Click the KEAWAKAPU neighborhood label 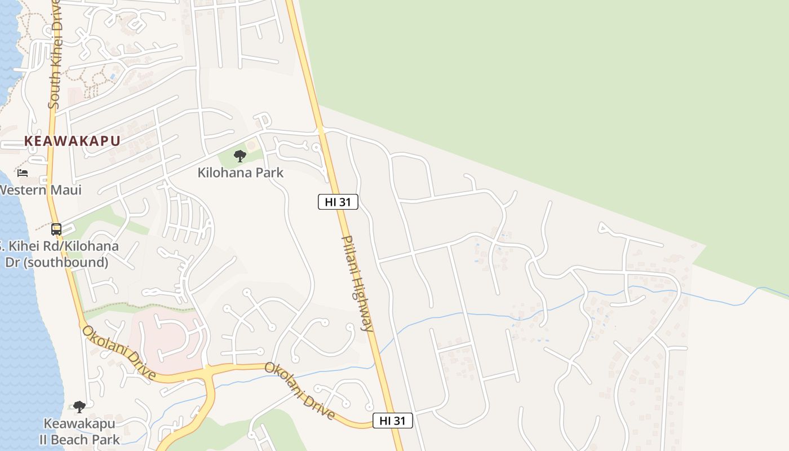point(72,141)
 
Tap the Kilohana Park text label point(241,173)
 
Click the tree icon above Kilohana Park point(240,156)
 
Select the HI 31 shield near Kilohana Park point(338,202)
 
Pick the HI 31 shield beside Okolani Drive point(393,421)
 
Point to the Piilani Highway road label point(357,283)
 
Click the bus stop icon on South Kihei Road point(56,229)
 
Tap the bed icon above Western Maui point(23,173)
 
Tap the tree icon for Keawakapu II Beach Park point(79,406)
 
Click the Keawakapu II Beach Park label point(79,431)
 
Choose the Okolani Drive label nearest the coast point(119,353)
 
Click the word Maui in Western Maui point(65,190)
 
